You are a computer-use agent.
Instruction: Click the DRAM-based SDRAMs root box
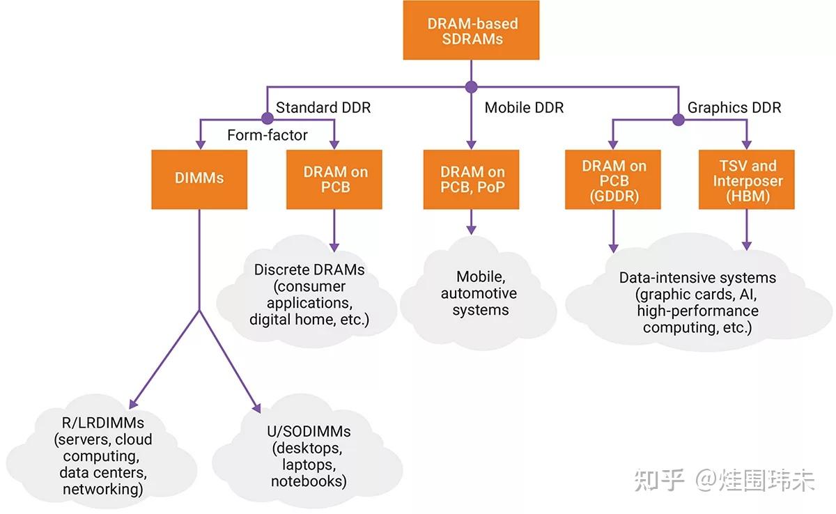(472, 31)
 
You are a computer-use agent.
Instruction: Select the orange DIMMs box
(199, 178)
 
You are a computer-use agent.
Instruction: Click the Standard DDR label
(323, 108)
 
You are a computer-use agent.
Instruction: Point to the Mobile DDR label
(524, 108)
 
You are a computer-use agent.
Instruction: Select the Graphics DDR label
(734, 108)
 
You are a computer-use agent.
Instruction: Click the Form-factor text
(268, 135)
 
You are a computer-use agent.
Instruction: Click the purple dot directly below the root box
(472, 87)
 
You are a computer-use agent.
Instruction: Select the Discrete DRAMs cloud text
(309, 295)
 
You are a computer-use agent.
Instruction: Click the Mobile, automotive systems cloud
(479, 293)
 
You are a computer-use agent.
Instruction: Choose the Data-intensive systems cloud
(697, 302)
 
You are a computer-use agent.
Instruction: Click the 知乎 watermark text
(658, 480)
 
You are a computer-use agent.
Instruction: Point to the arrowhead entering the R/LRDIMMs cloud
(134, 403)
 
